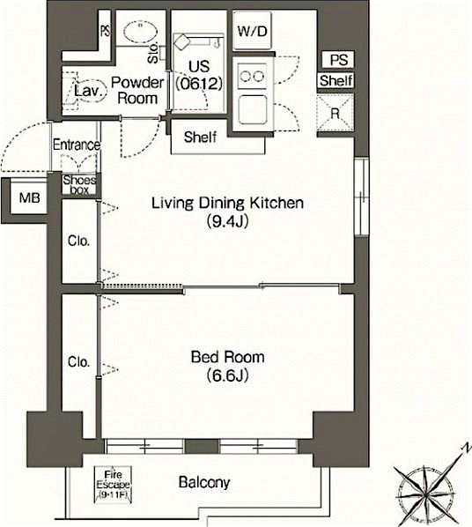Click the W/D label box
[x=252, y=31]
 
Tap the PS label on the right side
[x=338, y=60]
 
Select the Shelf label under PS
[x=336, y=81]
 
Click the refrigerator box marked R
[x=335, y=112]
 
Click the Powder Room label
[x=136, y=90]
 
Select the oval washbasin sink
[x=138, y=32]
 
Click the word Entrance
[x=77, y=145]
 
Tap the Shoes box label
[x=80, y=184]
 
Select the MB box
[x=29, y=198]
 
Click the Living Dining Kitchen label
[x=227, y=204]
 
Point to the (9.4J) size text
[x=227, y=221]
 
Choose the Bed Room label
[x=227, y=357]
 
